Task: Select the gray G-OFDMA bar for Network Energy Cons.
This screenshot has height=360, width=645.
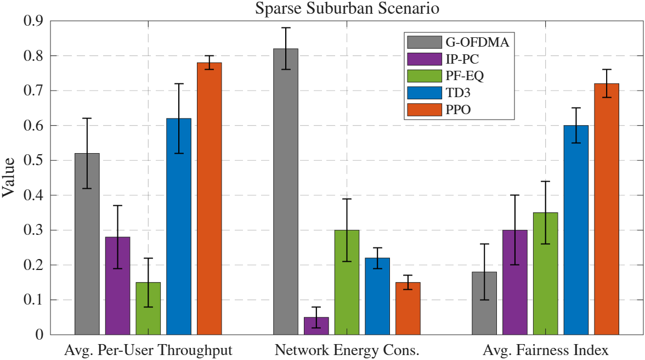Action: tap(285, 192)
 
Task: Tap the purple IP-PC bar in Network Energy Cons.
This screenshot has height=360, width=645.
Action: tap(316, 326)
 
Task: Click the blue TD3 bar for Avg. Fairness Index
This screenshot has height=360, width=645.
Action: tap(576, 230)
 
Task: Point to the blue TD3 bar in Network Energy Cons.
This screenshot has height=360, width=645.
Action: tap(377, 296)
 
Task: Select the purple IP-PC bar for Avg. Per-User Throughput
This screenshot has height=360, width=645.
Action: tap(117, 286)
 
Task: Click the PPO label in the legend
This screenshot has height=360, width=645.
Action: tap(459, 110)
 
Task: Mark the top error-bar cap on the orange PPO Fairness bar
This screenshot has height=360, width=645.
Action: tap(606, 70)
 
